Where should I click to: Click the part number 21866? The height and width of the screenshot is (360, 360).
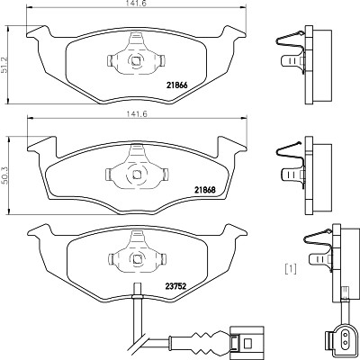tap(176, 85)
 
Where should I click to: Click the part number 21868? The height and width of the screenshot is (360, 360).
tap(205, 190)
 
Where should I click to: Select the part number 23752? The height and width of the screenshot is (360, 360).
tap(175, 286)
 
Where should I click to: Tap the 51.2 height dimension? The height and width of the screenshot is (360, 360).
tap(4, 65)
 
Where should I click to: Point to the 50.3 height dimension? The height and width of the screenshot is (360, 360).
tap(4, 175)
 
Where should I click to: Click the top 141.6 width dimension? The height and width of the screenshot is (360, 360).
tap(137, 3)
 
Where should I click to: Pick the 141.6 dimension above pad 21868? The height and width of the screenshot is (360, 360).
tap(137, 114)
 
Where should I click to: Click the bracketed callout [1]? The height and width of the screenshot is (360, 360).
tap(291, 268)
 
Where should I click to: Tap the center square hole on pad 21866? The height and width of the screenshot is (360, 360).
tap(136, 61)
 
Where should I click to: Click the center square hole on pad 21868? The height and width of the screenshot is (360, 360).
tap(137, 174)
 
